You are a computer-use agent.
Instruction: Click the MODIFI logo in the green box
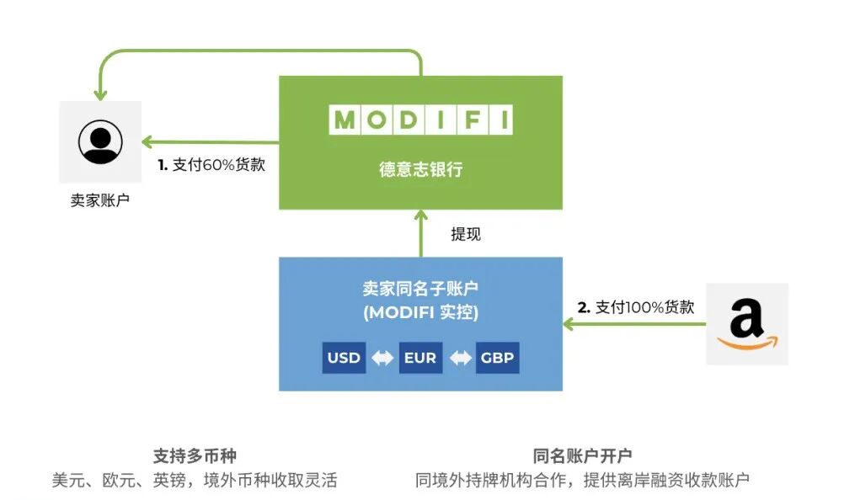click(420, 120)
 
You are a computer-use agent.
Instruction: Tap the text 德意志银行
click(420, 170)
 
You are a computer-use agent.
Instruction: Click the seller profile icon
click(100, 141)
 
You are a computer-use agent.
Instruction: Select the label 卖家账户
click(100, 201)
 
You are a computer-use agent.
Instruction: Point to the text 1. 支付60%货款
click(211, 165)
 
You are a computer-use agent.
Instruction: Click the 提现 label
click(465, 234)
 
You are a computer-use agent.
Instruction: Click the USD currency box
click(344, 358)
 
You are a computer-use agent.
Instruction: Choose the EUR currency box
click(420, 358)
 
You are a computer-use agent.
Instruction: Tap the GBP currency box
click(497, 358)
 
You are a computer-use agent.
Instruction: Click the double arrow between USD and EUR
click(382, 358)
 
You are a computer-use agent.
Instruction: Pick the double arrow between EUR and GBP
click(460, 358)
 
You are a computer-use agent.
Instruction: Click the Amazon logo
click(746, 324)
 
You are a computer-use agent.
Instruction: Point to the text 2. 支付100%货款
click(635, 307)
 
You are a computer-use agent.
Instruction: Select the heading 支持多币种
click(195, 455)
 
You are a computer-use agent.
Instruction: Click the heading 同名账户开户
click(582, 455)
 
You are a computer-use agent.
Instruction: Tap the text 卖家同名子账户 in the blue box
click(420, 289)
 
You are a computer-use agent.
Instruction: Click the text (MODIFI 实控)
click(420, 312)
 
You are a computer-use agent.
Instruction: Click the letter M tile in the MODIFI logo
click(344, 120)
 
